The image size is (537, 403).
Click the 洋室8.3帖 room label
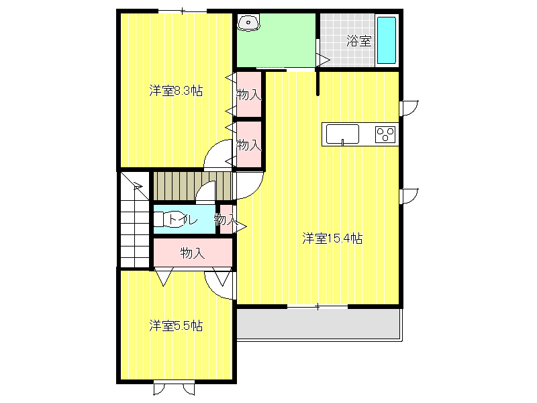tap(176, 91)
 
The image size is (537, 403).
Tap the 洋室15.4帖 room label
tap(332, 238)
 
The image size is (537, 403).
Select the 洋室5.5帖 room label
tap(176, 326)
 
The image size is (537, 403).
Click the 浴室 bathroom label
tap(358, 41)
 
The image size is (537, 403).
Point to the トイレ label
tap(183, 220)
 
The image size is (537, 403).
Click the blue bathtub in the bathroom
tap(387, 40)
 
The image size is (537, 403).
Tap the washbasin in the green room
tap(249, 23)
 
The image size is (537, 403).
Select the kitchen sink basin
tap(342, 134)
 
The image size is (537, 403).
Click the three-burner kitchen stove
tap(385, 134)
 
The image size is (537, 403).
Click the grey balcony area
tap(319, 324)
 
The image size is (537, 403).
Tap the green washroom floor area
tap(276, 40)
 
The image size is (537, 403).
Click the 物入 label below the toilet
tap(193, 253)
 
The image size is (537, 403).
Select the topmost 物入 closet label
tap(248, 94)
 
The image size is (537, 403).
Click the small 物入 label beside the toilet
tap(226, 220)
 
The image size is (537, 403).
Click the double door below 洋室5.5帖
tap(175, 389)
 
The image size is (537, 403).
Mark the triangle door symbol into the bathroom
tap(324, 60)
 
